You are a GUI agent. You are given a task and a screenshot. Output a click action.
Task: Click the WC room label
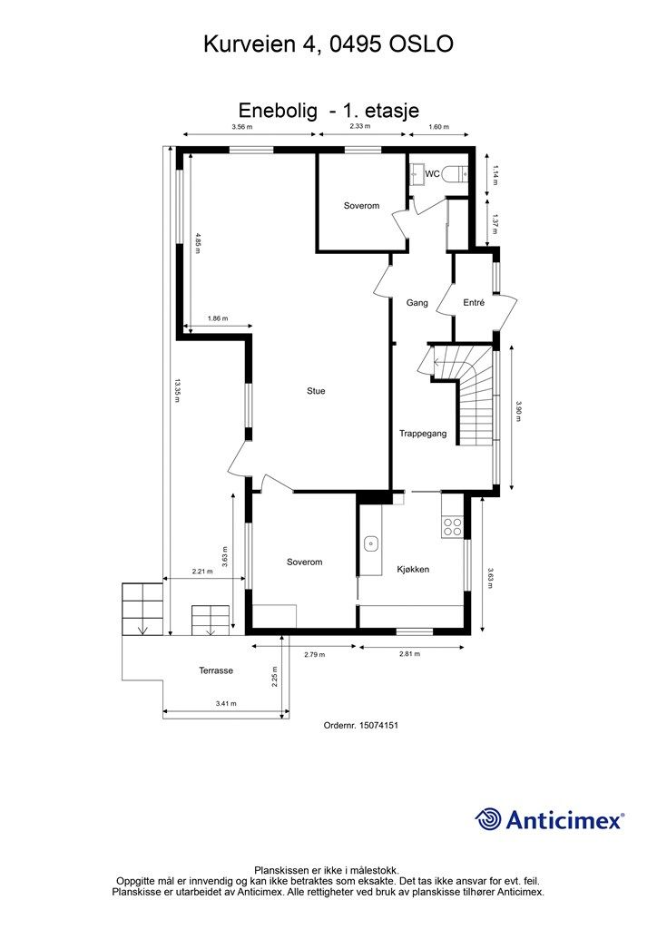pos(433,174)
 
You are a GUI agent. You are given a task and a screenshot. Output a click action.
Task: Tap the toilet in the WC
pos(457,174)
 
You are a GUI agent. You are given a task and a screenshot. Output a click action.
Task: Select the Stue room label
pos(316,391)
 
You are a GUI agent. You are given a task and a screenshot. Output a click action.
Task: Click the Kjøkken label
pos(413,570)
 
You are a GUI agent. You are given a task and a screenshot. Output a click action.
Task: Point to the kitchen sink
pos(371,543)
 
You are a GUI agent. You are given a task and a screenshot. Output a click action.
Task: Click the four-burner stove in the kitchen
pos(453,527)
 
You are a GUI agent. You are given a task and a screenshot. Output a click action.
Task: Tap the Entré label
pos(474,303)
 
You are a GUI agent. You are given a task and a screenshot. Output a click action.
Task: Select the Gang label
pos(417,303)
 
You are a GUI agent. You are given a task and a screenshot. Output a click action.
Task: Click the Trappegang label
pos(422,434)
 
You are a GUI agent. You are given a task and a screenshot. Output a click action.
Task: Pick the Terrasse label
pos(216,670)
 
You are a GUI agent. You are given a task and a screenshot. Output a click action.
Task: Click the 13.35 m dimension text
pos(176,391)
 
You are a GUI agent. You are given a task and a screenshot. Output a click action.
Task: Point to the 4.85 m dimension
pos(198,243)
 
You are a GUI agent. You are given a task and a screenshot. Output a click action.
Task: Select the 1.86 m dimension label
pos(218,318)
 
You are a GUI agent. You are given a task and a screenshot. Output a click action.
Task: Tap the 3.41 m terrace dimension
pos(226,704)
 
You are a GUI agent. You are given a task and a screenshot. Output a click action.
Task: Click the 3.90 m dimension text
pos(519,412)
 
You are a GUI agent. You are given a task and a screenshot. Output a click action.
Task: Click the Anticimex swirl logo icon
pos(488,819)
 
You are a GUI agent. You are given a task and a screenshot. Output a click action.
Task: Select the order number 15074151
pos(378,725)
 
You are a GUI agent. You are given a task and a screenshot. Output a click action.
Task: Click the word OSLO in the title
pos(421,44)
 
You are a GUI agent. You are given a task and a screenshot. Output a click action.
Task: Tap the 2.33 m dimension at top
pos(359,126)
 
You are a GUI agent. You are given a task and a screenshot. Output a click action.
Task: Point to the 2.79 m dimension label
pos(314,655)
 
